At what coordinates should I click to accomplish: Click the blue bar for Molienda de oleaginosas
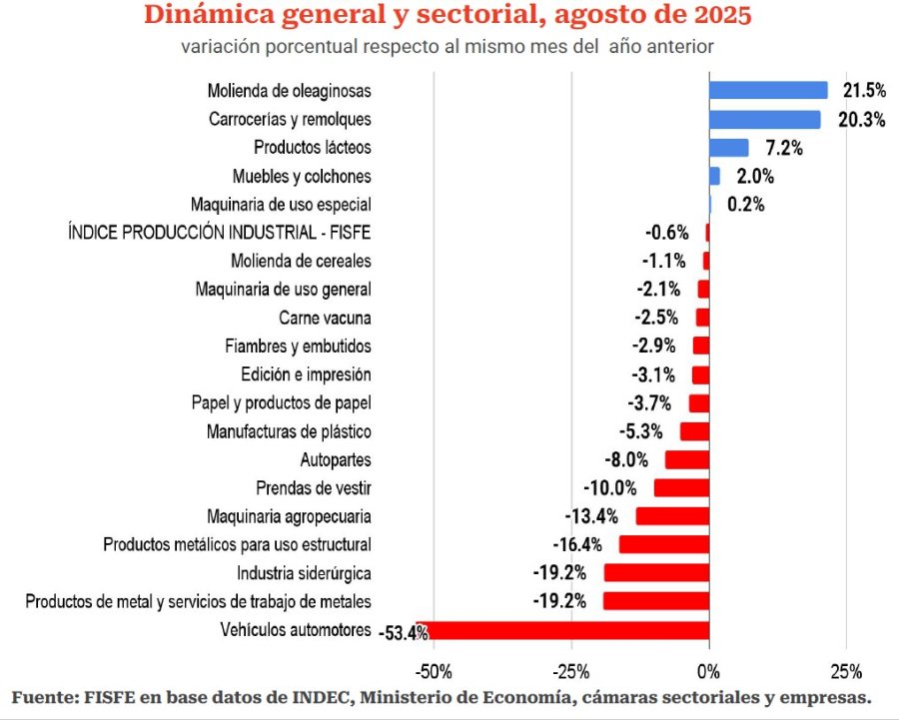tap(768, 90)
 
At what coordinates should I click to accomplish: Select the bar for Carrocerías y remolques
tap(764, 119)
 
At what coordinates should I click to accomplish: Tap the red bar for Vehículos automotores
tap(569, 630)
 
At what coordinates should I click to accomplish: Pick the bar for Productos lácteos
tap(728, 148)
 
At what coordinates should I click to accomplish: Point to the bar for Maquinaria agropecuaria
tap(672, 516)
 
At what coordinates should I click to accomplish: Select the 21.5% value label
tap(864, 91)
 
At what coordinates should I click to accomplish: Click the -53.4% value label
tap(405, 631)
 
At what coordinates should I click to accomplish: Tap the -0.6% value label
tap(666, 233)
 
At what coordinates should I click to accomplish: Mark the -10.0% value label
tap(610, 488)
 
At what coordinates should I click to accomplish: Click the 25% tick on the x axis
tap(846, 668)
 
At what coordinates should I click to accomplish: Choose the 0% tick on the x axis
tap(708, 668)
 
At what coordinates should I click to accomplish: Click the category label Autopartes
tap(336, 460)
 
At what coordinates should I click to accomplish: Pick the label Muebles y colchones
tap(302, 176)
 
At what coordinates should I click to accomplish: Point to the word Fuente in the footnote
tap(45, 696)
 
